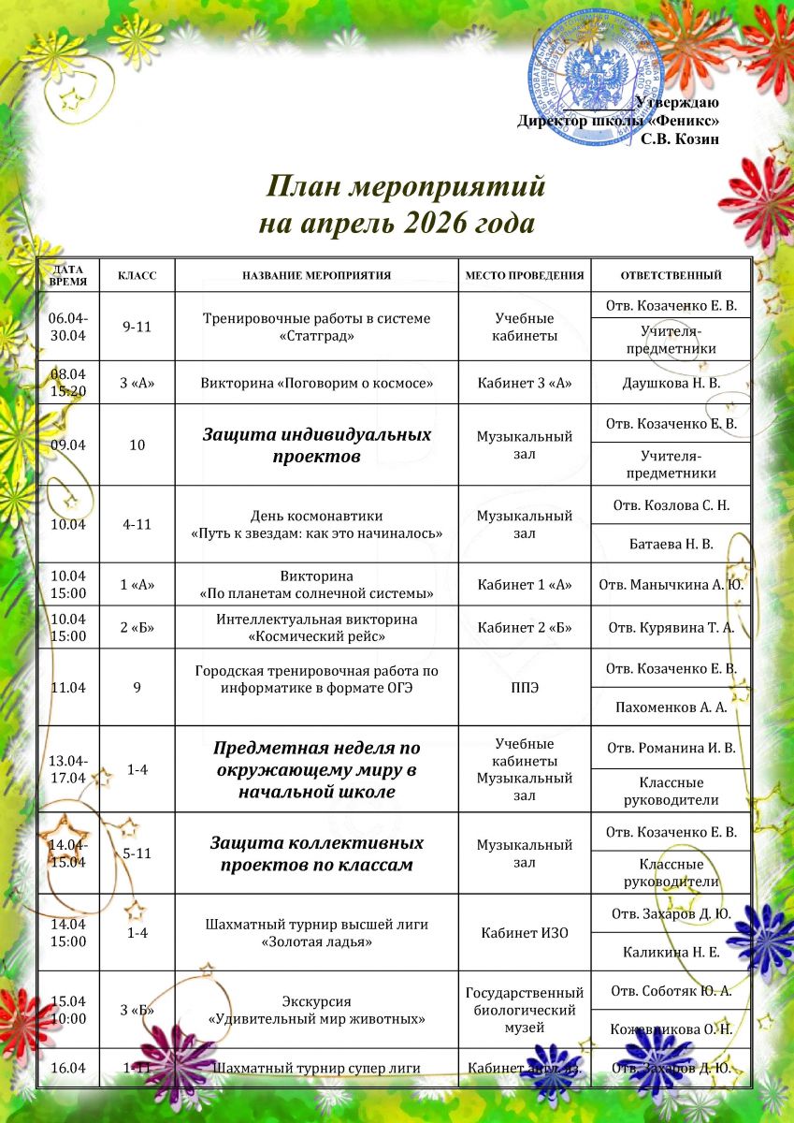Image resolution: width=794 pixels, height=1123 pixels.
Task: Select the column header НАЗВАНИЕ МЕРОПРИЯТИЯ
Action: click(x=316, y=276)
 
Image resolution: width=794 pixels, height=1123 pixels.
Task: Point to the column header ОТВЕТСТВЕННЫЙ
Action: click(x=671, y=276)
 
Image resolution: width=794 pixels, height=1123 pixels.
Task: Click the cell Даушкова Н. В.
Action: click(x=671, y=382)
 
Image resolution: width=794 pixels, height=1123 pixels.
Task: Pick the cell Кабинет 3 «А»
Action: click(x=524, y=382)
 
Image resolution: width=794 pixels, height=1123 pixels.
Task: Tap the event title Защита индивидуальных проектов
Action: click(x=316, y=445)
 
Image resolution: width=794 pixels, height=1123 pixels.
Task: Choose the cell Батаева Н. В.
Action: click(x=671, y=544)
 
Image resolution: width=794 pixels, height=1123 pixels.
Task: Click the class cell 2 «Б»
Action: click(x=137, y=627)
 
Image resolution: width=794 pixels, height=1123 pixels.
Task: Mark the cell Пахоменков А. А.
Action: click(x=671, y=707)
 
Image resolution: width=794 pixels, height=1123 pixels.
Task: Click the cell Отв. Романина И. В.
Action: click(x=671, y=747)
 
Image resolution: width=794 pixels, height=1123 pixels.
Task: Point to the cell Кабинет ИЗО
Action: click(x=524, y=933)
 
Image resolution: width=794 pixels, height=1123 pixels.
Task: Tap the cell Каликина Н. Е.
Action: click(x=671, y=953)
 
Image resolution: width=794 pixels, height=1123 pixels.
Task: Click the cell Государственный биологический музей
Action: click(x=524, y=1010)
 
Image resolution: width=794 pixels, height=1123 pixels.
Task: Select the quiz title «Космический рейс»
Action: click(x=316, y=636)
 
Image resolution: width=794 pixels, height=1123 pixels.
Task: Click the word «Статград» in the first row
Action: click(x=316, y=336)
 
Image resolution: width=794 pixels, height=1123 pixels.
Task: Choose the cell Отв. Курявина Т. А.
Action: click(x=671, y=627)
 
